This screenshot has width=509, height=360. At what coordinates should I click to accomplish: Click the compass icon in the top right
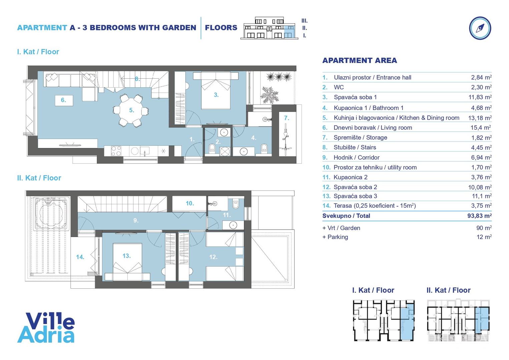coord(480,28)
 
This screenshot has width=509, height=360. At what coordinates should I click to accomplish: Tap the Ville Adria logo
coord(46,328)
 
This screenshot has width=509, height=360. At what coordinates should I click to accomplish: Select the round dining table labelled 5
coord(131,110)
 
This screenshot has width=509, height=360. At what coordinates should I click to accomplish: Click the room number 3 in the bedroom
coord(216,95)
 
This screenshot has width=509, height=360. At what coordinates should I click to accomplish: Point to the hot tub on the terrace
coord(50,213)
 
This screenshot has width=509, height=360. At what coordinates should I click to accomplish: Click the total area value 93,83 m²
coord(479,216)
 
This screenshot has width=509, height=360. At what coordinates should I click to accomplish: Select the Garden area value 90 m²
coord(484,228)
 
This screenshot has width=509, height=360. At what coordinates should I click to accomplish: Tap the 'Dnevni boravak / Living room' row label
coord(373,128)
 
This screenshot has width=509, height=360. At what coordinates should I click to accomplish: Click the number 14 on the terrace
coord(80,257)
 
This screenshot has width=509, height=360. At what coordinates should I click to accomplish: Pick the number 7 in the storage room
coord(286,118)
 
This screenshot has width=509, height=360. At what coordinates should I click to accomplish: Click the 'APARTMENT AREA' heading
coord(359,61)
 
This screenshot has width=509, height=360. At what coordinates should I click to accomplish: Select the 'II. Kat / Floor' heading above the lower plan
coord(39,178)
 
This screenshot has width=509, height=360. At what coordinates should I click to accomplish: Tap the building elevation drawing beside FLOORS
coord(270,28)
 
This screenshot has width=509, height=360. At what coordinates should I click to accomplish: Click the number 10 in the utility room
coord(190,203)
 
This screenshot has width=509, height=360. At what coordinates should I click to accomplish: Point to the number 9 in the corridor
coord(136,220)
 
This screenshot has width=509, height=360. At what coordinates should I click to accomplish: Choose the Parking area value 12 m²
coord(484,237)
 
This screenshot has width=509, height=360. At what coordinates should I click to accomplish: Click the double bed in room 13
coord(127,262)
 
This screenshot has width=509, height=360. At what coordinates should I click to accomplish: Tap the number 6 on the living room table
coord(63,100)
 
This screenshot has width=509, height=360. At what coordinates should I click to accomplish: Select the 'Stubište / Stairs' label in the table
coord(355,147)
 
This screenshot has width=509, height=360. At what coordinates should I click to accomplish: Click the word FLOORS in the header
coord(221,28)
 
